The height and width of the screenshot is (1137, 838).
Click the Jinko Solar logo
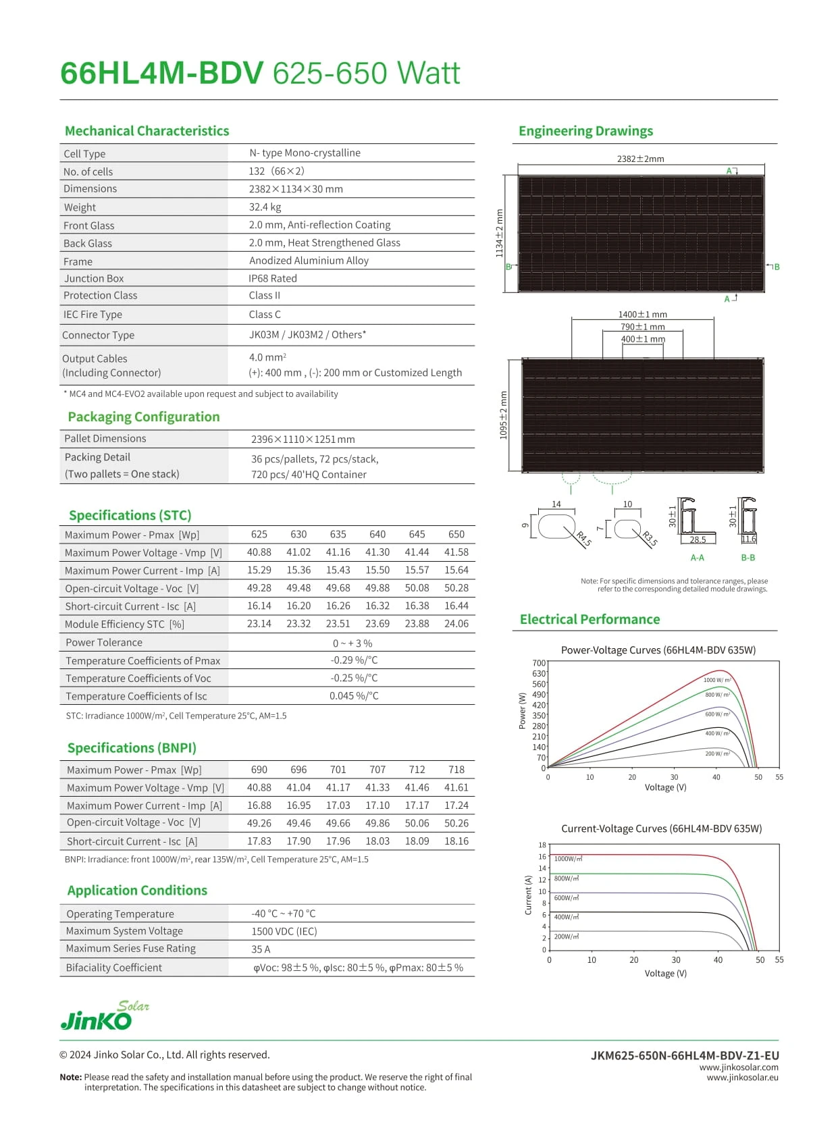click(104, 1016)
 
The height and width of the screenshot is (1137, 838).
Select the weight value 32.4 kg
click(265, 207)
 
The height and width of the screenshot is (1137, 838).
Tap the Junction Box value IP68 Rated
click(273, 278)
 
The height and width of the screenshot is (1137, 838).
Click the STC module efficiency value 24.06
click(456, 624)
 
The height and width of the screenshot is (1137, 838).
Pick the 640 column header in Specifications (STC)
click(377, 534)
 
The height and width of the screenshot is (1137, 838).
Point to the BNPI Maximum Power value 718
click(456, 770)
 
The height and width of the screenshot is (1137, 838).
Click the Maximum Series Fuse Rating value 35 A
click(261, 949)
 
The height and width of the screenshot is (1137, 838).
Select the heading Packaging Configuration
click(144, 417)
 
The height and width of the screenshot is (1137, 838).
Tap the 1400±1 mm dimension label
click(642, 315)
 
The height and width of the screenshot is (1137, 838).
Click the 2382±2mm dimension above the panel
click(640, 159)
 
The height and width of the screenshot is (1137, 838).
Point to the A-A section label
click(698, 558)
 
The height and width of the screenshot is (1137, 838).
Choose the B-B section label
click(748, 558)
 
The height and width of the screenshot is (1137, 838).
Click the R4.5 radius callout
click(584, 539)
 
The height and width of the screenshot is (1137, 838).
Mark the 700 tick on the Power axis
click(539, 663)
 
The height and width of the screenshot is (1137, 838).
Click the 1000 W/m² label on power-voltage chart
click(717, 680)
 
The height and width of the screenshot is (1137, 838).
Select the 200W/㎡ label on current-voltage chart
click(567, 936)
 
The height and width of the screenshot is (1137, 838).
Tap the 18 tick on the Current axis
click(542, 845)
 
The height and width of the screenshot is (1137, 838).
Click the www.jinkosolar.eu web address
click(742, 1078)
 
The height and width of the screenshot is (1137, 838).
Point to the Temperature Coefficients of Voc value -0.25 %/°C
click(354, 678)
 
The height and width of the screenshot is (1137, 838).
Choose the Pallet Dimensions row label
click(105, 438)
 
